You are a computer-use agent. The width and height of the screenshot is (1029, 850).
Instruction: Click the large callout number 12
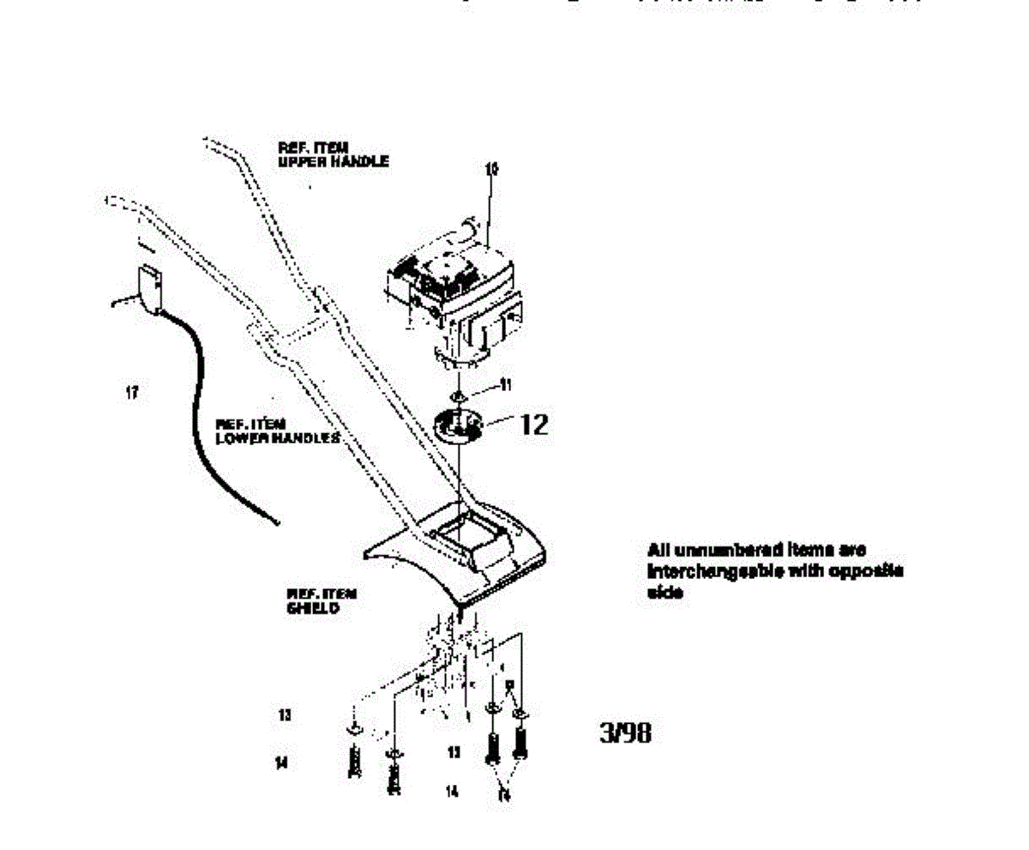pos(533,425)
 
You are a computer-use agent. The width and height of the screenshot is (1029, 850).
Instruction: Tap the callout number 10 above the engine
pos(490,170)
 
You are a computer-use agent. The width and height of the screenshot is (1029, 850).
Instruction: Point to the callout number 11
pos(506,386)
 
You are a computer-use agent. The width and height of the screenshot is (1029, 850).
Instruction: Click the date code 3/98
pos(624,734)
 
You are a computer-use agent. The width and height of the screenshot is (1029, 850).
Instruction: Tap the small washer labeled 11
pos(460,395)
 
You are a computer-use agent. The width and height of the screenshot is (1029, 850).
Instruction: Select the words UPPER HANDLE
pos(333,160)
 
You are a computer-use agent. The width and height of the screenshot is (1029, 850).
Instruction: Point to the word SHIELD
pos(313,607)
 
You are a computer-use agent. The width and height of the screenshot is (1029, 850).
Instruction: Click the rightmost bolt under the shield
pos(520,743)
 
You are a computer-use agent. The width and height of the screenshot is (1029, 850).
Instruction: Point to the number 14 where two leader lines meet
pos(504,795)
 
